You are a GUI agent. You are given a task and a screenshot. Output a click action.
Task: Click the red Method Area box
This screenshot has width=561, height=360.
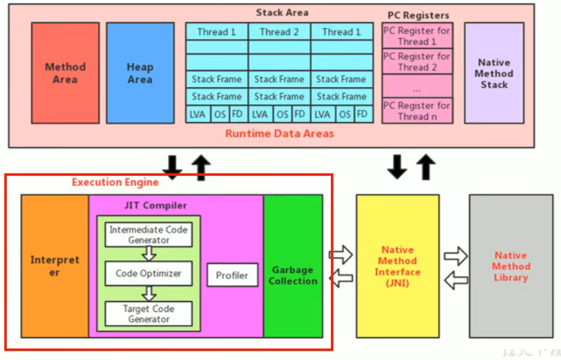coord(65,73)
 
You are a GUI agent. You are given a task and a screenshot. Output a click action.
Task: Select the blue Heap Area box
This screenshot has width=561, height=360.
coord(140,73)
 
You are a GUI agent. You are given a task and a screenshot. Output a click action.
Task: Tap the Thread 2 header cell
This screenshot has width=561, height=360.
coord(279,32)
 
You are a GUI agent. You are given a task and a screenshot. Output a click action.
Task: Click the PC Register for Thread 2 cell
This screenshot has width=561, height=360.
coord(417,62)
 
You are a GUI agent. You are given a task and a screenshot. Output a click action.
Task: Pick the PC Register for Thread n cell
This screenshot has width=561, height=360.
coord(417,111)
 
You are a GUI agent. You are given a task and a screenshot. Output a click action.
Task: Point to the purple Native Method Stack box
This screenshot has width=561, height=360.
coord(494,73)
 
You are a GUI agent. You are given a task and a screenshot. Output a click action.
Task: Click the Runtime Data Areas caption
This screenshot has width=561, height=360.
coord(280,133)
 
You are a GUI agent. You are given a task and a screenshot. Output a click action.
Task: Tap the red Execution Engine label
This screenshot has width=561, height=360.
coord(115,182)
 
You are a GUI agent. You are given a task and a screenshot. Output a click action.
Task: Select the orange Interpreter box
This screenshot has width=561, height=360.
coord(54,266)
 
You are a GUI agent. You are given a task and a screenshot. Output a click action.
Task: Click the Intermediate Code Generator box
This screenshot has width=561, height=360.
coord(148,235)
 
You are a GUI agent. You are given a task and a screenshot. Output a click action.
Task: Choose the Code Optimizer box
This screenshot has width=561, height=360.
coord(148,273)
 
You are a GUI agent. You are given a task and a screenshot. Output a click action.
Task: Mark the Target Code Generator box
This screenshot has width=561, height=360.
coord(148,313)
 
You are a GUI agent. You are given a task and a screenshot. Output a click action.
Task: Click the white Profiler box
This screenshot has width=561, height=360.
coord(232,275)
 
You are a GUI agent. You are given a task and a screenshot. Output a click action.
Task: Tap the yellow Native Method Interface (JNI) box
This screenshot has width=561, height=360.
coord(398,266)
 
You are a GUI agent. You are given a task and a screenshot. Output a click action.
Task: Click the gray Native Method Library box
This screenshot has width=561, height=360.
coord(511,266)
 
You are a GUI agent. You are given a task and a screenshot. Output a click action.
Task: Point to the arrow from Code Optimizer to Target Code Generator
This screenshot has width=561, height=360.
coord(149,293)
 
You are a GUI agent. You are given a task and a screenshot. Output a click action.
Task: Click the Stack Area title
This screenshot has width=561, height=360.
coord(281,12)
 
